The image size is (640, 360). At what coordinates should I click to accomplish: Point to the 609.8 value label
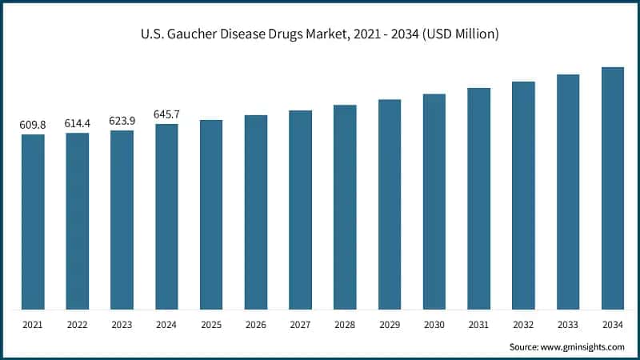tap(33, 125)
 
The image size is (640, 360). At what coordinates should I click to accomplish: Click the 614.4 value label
tap(78, 123)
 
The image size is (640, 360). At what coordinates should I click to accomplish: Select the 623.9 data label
tap(122, 121)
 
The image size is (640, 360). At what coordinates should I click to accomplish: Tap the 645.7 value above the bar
tap(166, 114)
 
